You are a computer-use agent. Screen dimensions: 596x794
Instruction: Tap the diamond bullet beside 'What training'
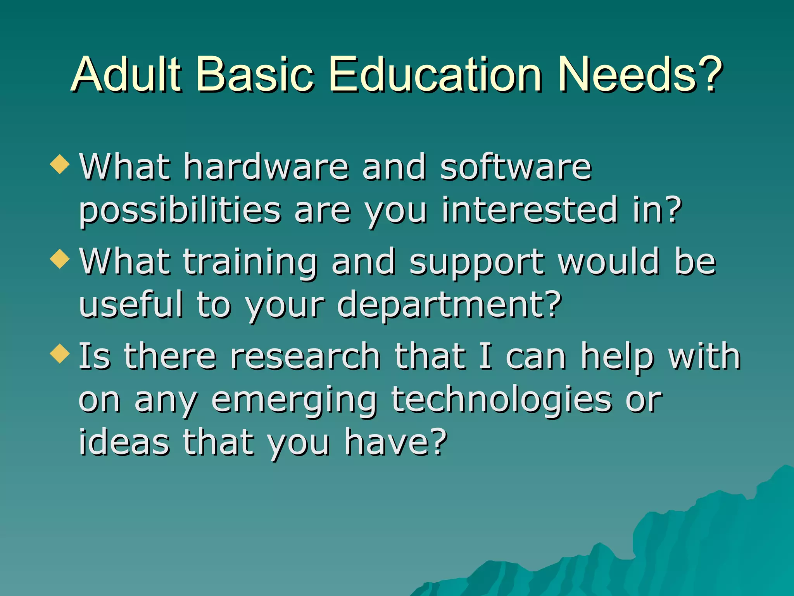[x=60, y=259]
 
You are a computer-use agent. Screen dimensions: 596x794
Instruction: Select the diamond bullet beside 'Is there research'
[x=60, y=353]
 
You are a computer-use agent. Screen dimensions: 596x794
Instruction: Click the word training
[x=250, y=263]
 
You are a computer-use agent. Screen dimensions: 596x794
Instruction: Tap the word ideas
[x=124, y=442]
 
